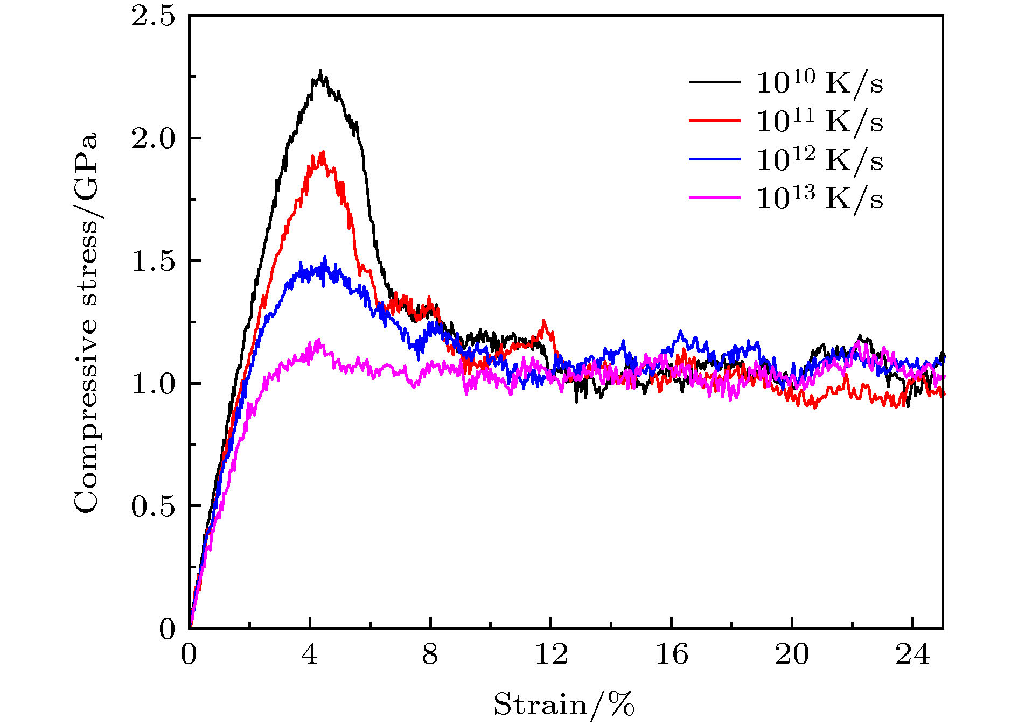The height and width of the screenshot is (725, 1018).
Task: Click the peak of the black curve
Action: (320, 71)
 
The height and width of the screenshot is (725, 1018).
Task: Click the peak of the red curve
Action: (323, 152)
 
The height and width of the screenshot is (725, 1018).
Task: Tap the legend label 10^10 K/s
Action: (819, 82)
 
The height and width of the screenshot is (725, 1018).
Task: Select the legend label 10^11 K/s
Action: (819, 121)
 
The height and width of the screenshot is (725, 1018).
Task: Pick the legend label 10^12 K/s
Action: (819, 160)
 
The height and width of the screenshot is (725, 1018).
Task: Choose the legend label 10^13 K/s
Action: (819, 199)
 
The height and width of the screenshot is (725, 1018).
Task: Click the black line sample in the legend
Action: (714, 82)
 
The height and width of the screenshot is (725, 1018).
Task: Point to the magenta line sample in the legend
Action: (714, 198)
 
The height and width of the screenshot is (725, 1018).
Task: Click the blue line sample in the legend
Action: (714, 159)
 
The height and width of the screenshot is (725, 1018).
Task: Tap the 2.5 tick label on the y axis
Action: (154, 16)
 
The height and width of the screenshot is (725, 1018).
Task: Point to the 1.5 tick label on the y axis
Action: (154, 261)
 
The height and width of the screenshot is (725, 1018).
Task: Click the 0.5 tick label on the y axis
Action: (154, 506)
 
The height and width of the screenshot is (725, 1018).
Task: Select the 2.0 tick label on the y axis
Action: (154, 139)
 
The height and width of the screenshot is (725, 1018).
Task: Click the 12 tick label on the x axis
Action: (551, 654)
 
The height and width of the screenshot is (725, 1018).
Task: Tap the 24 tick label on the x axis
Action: (912, 654)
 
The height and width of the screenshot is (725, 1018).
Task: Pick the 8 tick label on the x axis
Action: (430, 654)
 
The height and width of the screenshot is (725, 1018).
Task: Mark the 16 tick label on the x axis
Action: (672, 654)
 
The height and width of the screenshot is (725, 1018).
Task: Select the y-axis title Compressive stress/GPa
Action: (86, 322)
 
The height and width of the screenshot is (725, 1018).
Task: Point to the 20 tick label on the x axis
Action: (792, 654)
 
